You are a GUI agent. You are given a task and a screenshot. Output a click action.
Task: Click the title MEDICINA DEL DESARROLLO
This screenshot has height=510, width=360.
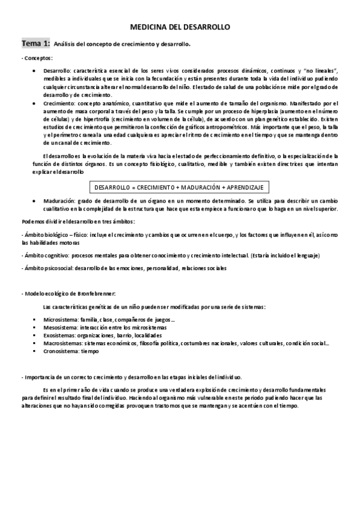tap(180, 28)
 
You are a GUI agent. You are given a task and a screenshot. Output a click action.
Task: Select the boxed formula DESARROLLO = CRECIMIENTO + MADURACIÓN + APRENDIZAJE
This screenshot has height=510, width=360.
tap(180, 187)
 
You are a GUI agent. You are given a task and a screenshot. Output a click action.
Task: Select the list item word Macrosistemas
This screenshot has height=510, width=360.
tap(62, 343)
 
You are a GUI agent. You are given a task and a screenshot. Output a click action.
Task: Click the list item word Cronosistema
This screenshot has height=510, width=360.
tap(61, 351)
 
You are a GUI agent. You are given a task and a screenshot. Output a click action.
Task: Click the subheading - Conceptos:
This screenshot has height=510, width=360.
tap(37, 58)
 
